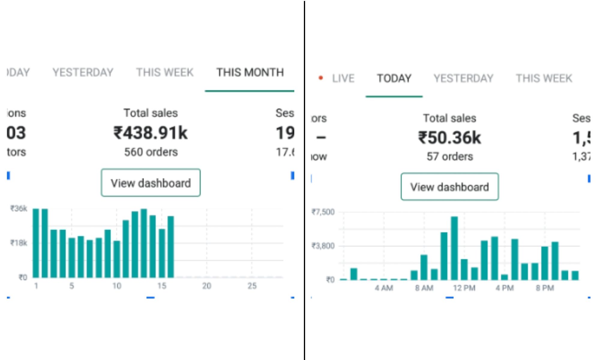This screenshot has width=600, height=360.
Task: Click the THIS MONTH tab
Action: pyautogui.click(x=250, y=73)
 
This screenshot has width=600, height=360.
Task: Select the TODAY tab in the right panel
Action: pyautogui.click(x=394, y=79)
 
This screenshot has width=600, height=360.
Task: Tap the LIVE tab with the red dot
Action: pyautogui.click(x=343, y=79)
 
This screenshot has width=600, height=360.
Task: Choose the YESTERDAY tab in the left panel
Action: pyautogui.click(x=83, y=73)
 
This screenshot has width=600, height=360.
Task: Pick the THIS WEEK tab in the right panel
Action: pyautogui.click(x=544, y=79)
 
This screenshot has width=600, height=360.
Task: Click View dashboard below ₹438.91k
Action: pyautogui.click(x=151, y=183)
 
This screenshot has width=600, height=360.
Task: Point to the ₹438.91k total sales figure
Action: pyautogui.click(x=151, y=133)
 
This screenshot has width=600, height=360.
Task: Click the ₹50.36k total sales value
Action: pyautogui.click(x=449, y=138)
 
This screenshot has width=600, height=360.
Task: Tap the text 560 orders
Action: pyautogui.click(x=151, y=152)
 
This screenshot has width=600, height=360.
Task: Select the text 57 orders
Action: pyautogui.click(x=450, y=157)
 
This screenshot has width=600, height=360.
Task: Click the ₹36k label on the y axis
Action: pyautogui.click(x=19, y=208)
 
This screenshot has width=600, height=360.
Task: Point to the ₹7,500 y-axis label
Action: pyautogui.click(x=323, y=212)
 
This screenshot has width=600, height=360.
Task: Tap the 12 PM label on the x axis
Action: pyautogui.click(x=464, y=288)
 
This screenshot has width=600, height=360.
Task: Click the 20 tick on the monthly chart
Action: pyautogui.click(x=206, y=286)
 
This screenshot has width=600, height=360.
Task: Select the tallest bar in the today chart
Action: pyautogui.click(x=454, y=248)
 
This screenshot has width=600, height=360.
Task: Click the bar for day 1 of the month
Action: pyautogui.click(x=36, y=243)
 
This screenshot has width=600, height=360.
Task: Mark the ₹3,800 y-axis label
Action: pyautogui.click(x=323, y=246)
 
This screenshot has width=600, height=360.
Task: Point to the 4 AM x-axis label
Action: pyautogui.click(x=384, y=288)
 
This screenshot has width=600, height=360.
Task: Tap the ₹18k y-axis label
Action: pyautogui.click(x=19, y=243)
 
